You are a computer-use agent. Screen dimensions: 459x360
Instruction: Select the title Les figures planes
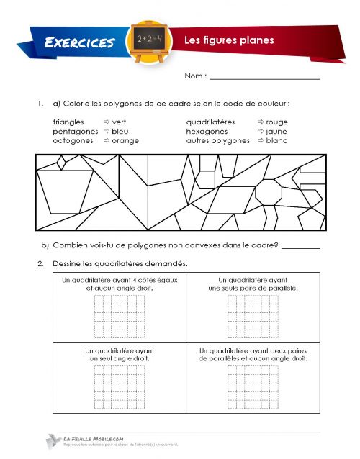(x=229, y=40)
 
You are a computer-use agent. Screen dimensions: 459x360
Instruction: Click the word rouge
(x=276, y=122)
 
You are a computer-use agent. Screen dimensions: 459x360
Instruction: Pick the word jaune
(x=276, y=132)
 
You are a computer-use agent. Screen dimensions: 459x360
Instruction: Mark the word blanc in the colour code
(x=276, y=141)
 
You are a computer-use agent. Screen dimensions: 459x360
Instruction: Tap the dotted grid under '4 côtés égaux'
(x=114, y=314)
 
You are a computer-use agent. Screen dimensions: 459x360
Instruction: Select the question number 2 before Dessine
(x=41, y=263)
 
